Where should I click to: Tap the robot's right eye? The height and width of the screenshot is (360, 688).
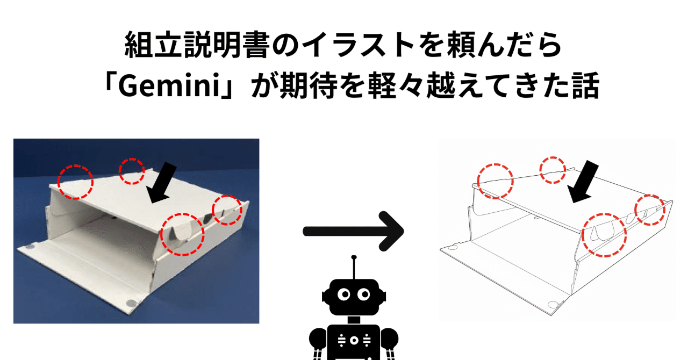tap(364, 294)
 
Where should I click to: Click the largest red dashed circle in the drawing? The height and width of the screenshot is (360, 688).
tap(605, 234)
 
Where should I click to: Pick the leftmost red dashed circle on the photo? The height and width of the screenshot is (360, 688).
tap(76, 182)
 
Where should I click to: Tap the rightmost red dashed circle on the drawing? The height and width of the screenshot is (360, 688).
tap(650, 210)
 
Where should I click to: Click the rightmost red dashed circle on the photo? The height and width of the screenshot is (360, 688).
tap(227, 210)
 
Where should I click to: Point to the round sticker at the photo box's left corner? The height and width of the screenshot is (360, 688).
tap(28, 248)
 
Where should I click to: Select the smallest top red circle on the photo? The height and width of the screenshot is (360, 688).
tap(132, 171)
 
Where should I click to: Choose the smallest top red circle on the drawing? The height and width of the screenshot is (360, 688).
tap(553, 170)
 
